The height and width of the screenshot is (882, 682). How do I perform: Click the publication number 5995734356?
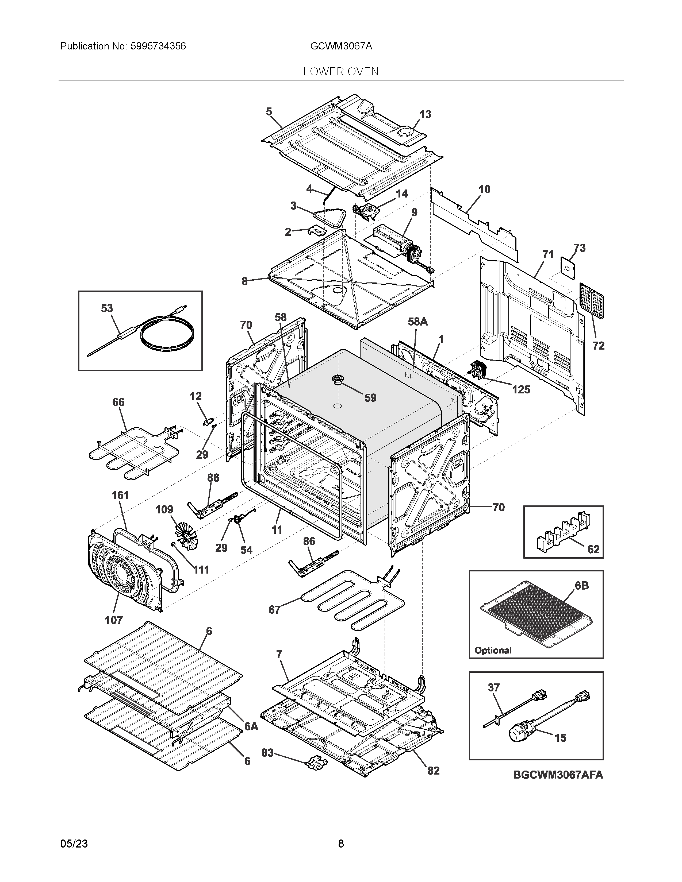(x=158, y=47)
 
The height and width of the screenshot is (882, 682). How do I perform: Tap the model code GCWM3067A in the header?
(x=341, y=47)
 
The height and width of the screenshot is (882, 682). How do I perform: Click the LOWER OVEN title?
(x=341, y=72)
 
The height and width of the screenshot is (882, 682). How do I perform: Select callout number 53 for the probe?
(x=107, y=308)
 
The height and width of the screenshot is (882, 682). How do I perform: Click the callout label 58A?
(x=417, y=322)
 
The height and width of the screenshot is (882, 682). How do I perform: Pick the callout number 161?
(x=120, y=495)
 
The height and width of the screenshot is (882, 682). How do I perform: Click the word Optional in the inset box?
(x=493, y=650)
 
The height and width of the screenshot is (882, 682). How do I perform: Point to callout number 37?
(x=494, y=687)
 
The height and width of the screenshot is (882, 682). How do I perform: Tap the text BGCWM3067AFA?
(x=558, y=775)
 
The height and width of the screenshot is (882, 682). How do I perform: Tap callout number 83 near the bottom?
(x=267, y=753)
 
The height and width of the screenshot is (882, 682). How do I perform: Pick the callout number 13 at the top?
(x=425, y=115)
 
